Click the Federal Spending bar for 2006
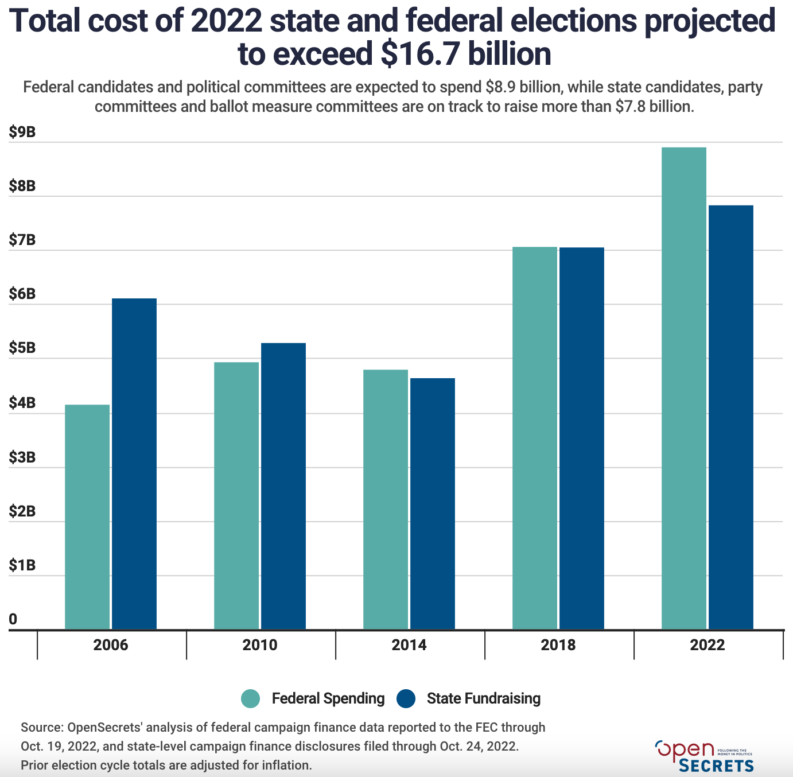[x=87, y=516]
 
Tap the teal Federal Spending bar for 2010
[x=236, y=496]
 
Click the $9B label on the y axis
[x=22, y=133]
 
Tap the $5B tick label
[x=22, y=348]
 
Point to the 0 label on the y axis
[x=13, y=619]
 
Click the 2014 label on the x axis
[x=409, y=645]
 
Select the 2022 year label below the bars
[x=708, y=645]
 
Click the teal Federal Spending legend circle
[x=251, y=698]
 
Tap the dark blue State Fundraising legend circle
[x=406, y=698]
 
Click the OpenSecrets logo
[x=704, y=756]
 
